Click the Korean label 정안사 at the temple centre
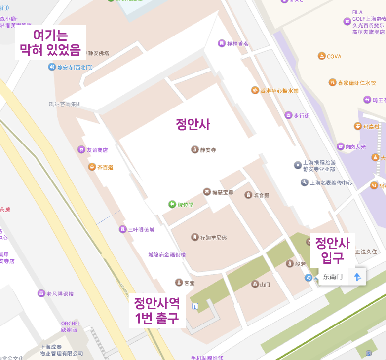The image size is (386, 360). point(193,125)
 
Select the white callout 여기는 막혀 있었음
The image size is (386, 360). point(50,42)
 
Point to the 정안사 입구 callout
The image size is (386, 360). point(332,250)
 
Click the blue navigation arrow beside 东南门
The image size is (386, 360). point(357,277)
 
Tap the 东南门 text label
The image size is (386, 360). point(333,277)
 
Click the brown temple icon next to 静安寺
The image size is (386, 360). point(195,149)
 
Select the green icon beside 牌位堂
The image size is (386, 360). point(172,204)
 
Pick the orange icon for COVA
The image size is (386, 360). point(322,56)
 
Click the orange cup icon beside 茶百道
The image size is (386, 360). point(92,167)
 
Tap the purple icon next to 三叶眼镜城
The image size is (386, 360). point(122,229)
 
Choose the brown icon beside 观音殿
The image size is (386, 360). point(248,195)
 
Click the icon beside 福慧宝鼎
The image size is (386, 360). point(207,192)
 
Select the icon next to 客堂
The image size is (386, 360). point(179,283)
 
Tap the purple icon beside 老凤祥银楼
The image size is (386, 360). point(41,293)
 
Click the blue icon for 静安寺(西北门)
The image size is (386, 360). point(52,67)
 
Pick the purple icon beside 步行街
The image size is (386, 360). point(288,115)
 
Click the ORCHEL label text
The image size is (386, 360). point(71,324)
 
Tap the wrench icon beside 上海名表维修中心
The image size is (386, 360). point(304,182)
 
